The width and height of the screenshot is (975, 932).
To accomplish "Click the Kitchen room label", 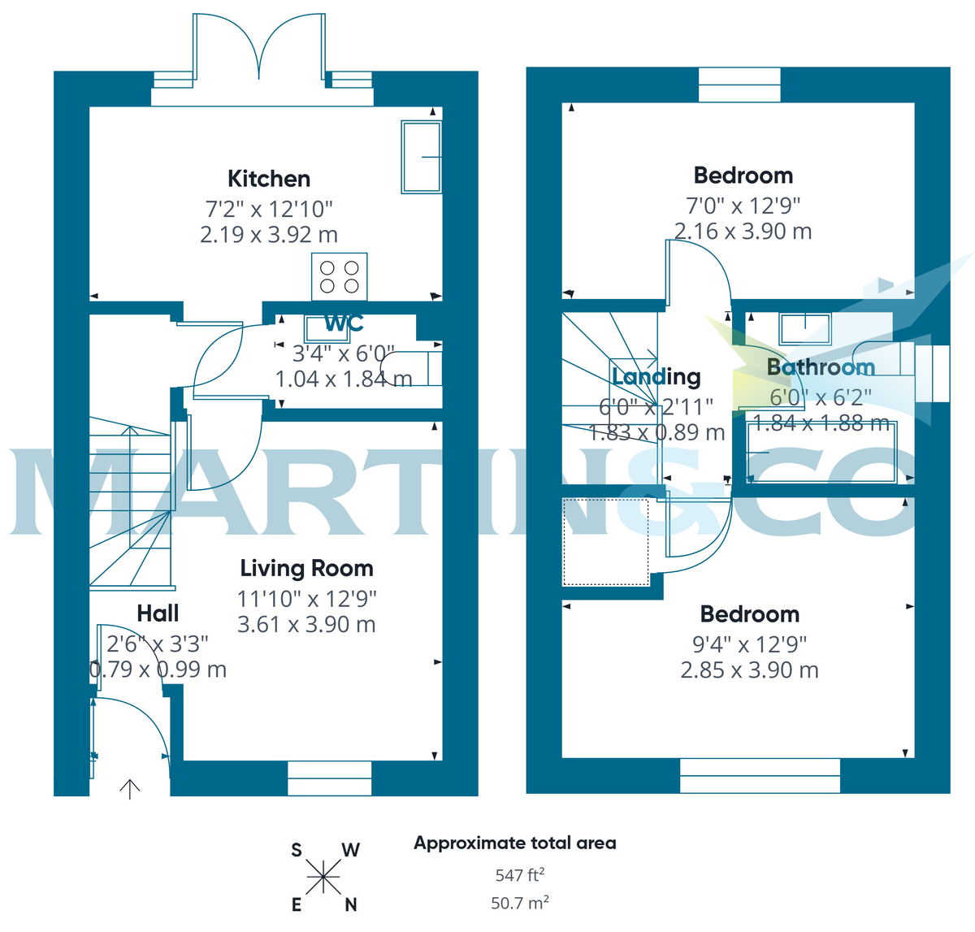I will coord(269,179).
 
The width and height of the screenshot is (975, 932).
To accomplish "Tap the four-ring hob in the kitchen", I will coord(340,276).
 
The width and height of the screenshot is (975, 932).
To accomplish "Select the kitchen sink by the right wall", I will coord(421,157).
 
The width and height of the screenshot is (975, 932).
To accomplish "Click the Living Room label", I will coord(306,569).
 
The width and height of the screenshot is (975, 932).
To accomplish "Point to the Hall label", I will coord(158,613).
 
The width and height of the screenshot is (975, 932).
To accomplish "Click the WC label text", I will coord(344,323).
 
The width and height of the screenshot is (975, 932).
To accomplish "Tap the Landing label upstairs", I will coord(656,377).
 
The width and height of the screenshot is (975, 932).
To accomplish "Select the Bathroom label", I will coord(821,367).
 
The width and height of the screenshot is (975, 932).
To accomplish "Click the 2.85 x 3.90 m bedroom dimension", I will coord(749,670).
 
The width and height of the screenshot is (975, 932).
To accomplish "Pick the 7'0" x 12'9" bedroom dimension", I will coord(743,205).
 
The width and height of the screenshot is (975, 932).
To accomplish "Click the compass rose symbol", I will coord(323,877).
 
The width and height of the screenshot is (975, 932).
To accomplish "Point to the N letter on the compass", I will coord(351,904).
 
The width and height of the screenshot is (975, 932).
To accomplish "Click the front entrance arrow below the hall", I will coord(130,788).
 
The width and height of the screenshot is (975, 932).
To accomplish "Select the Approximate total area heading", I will coord(515,843).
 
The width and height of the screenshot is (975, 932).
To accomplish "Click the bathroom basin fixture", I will coord(805,328).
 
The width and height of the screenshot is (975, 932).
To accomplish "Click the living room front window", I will coord(329,778).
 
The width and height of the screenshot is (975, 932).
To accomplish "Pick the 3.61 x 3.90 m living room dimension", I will coord(306,625).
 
